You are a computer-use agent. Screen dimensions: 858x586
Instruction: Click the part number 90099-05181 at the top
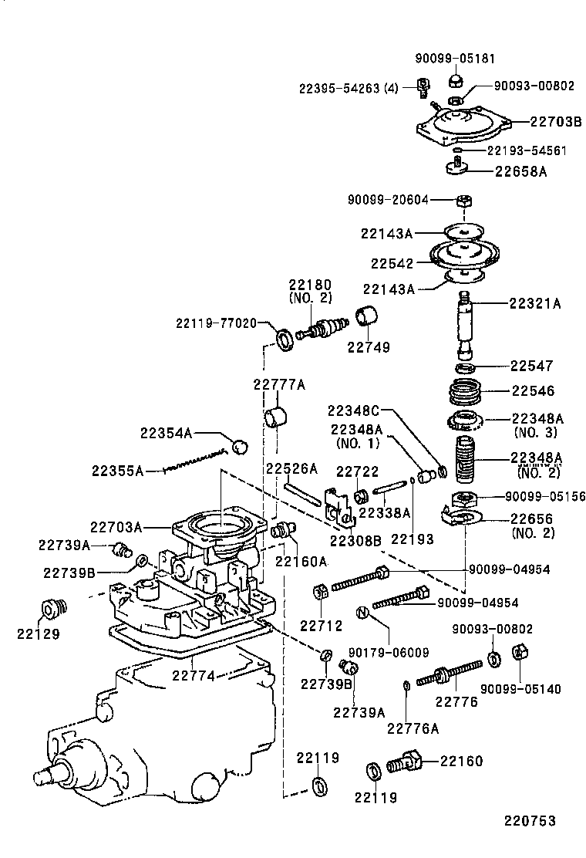point(455,58)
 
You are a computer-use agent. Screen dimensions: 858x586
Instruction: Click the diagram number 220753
point(530,822)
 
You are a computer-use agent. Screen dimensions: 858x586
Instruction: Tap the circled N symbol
point(362,613)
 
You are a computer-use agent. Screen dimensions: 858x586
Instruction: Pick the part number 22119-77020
point(215,323)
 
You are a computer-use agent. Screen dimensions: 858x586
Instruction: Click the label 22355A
point(117,470)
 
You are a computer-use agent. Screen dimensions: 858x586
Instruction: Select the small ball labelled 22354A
point(240,445)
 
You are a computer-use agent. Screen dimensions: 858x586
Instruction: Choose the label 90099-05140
point(520,689)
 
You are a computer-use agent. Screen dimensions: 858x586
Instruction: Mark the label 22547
point(531,365)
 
